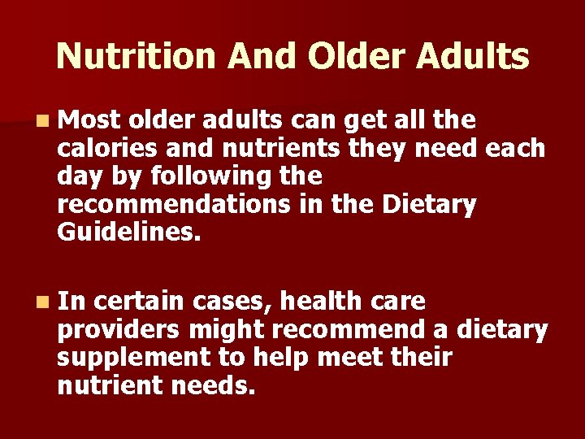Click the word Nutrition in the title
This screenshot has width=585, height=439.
coord(135,56)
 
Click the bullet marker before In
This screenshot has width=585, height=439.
coord(41,302)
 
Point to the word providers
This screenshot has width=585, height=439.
coord(119,329)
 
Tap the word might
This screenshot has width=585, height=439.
coord(227,329)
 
